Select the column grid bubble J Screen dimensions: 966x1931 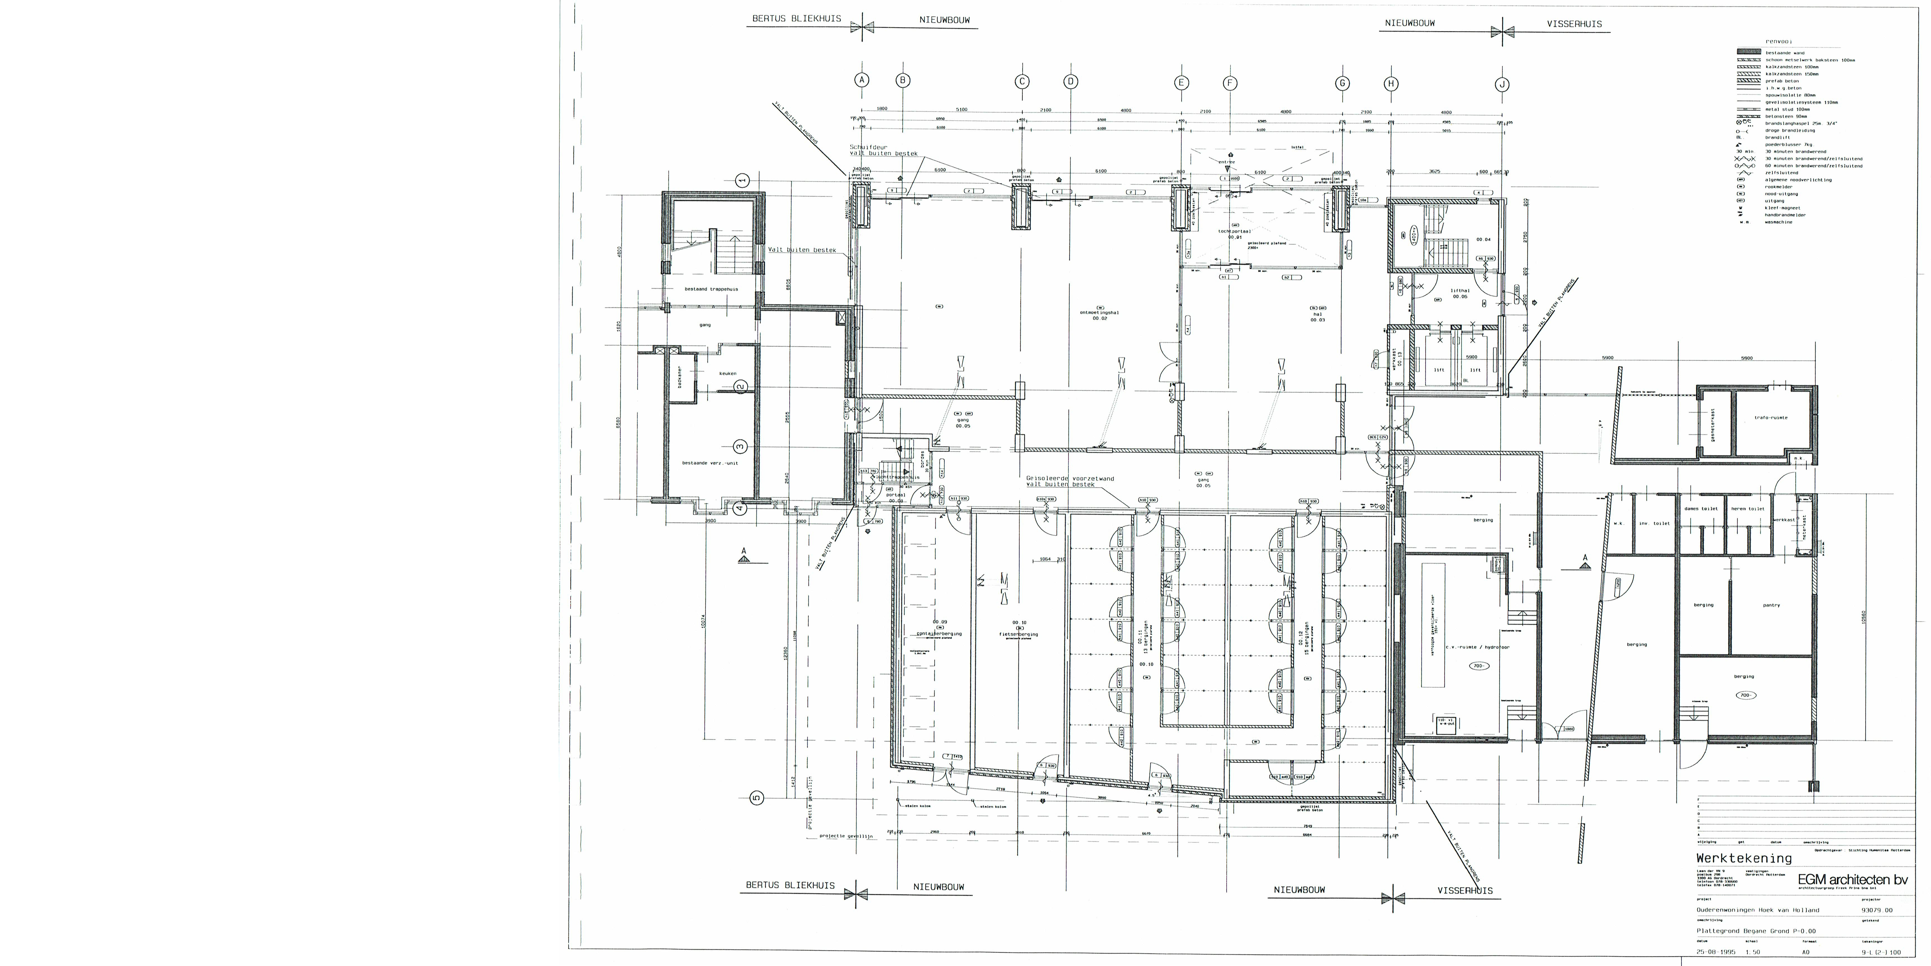[x=1502, y=85]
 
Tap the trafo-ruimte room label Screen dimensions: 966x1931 [x=1771, y=418]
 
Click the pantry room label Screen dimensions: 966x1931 [x=1771, y=605]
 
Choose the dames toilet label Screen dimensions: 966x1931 [x=1701, y=509]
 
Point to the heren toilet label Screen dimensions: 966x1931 [x=1747, y=509]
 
